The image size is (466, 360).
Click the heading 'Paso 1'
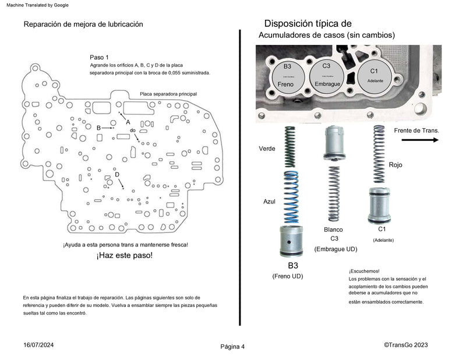coord(99,57)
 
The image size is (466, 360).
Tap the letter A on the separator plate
coord(128,122)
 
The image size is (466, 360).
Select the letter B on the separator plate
coord(98,128)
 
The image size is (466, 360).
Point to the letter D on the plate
coord(117,175)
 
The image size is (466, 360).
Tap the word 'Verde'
coord(267,149)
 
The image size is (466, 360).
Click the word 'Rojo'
coord(395,165)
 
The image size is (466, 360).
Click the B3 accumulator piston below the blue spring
coord(291,240)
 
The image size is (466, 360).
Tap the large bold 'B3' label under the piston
coord(288,265)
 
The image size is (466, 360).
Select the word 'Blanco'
coord(334,230)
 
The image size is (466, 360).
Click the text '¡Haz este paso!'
coord(125,256)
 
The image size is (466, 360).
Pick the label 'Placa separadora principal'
coord(168,94)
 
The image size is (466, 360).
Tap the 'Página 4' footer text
coord(232,347)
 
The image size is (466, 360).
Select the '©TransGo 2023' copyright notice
coord(406,345)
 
